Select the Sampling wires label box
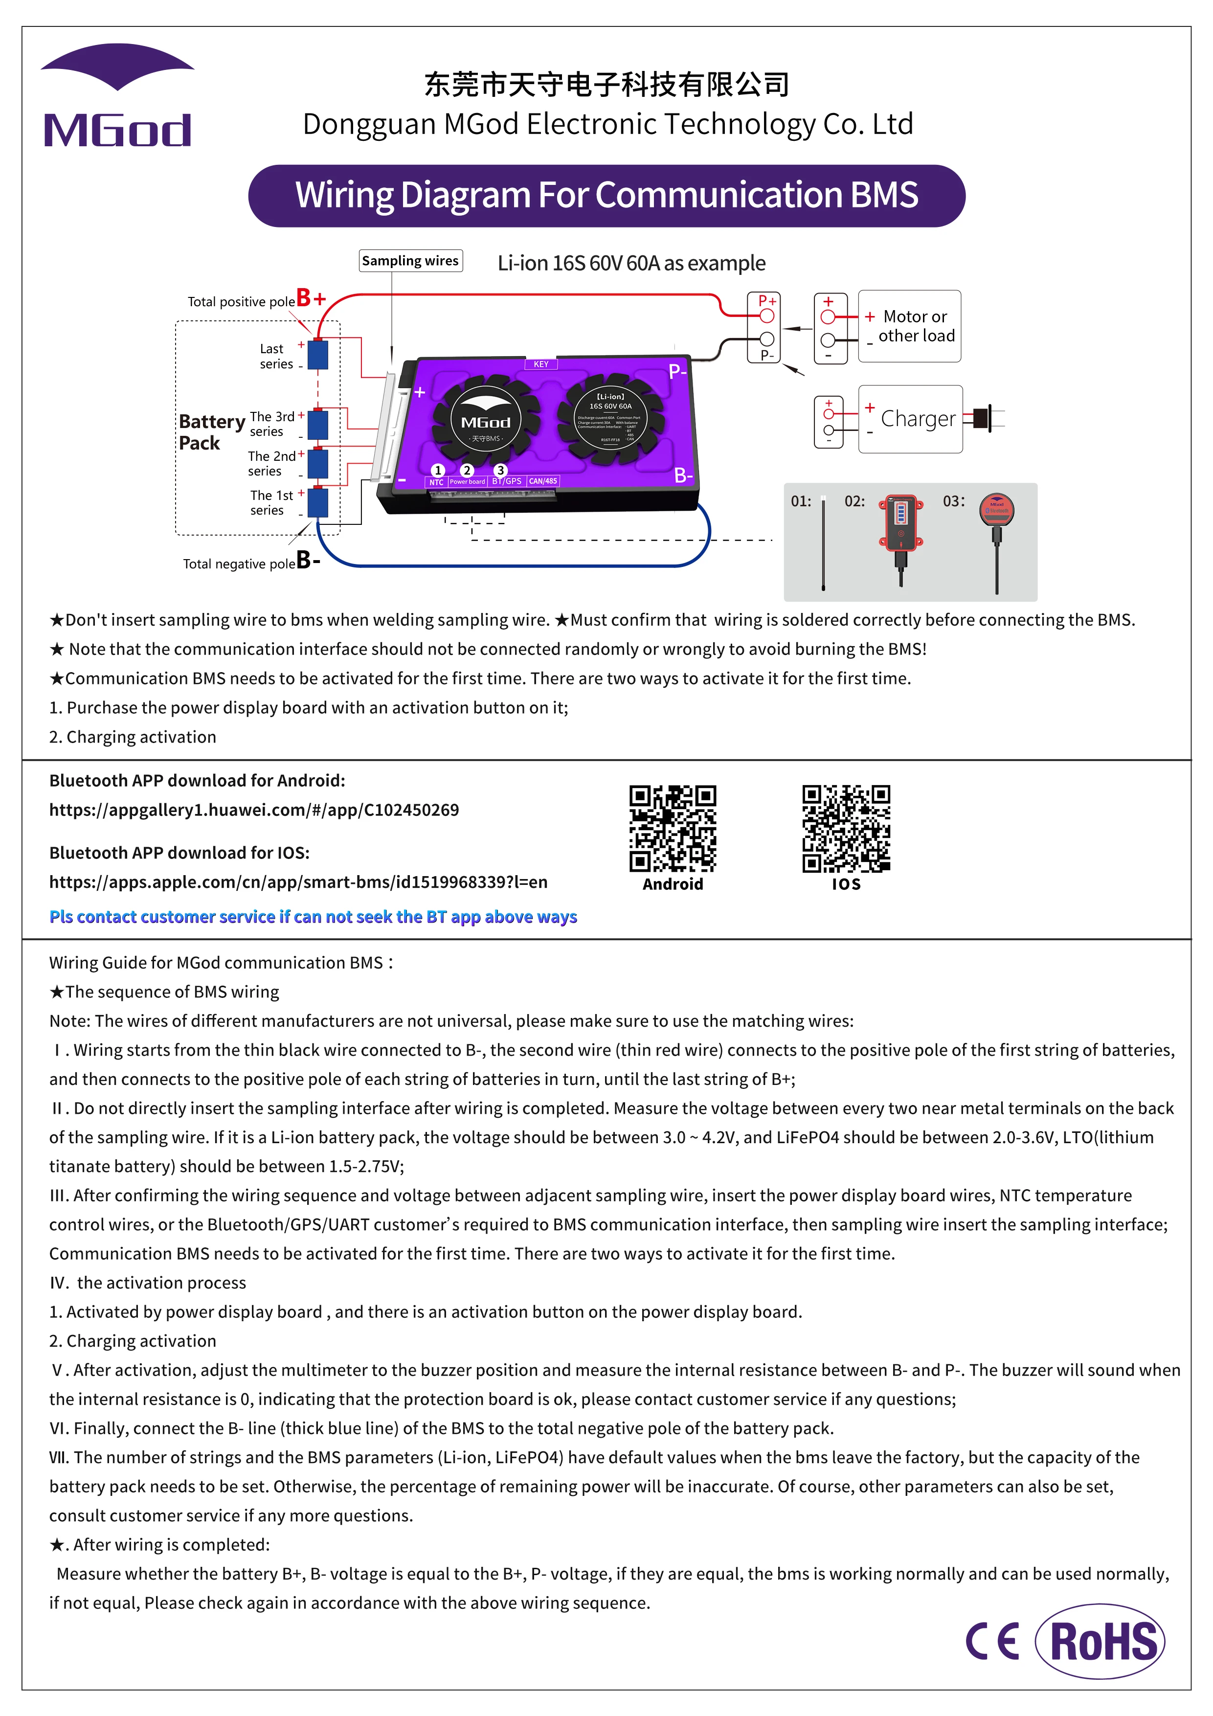point(410,261)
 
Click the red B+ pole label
point(311,298)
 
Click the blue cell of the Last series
point(318,355)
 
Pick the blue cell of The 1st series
point(318,502)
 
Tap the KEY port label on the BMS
point(541,364)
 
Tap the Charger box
point(910,419)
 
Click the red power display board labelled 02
point(900,523)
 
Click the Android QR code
point(672,828)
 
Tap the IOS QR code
point(846,828)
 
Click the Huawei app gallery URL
point(254,810)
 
